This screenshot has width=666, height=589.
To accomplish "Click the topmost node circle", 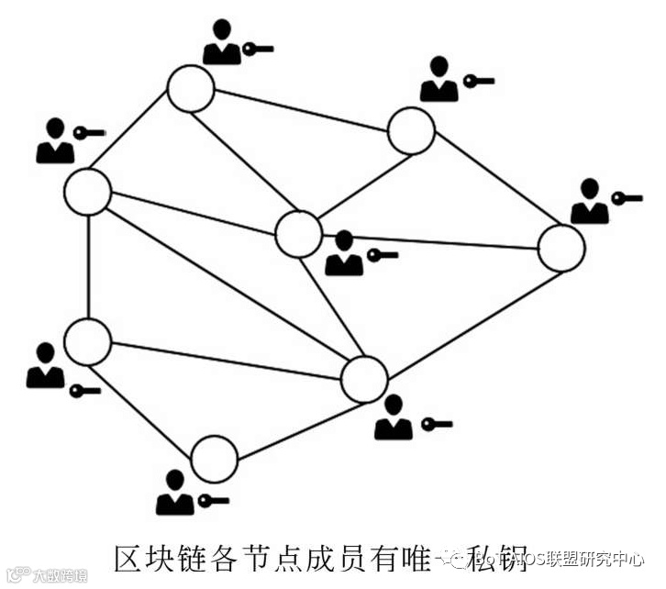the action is point(191,89).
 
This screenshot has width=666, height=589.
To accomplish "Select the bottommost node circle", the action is point(215,460).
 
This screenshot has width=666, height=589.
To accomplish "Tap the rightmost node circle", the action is point(561,249).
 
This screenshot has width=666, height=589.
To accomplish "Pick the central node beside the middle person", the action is point(298,233).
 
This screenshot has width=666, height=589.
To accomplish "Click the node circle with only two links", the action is point(215,460).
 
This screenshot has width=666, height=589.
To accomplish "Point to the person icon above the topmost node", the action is point(222,43).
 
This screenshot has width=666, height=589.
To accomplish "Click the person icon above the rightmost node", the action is point(590,203).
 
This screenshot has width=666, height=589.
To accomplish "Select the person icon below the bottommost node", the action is point(175,494).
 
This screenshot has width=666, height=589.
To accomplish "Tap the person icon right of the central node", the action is point(344,254).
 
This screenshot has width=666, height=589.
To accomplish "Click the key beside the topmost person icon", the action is point(258,48).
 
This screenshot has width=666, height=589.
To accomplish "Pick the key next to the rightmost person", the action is point(627,198).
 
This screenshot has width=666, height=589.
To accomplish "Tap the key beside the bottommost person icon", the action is point(212,500).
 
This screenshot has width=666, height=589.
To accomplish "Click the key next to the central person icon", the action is point(382,254).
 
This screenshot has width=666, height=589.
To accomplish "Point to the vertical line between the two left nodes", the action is point(88,266).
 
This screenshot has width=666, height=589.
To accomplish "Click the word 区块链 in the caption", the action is point(155,556).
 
